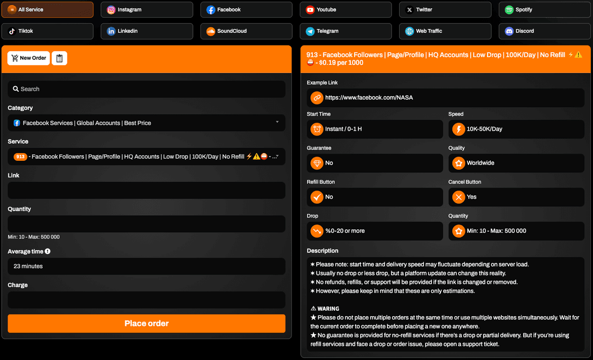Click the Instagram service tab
tap(147, 10)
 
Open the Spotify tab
tap(544, 10)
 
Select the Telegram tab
tap(346, 31)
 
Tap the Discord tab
tap(544, 31)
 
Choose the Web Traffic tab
tap(445, 31)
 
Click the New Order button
tap(29, 58)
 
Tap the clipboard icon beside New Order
tap(59, 58)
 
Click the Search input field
tap(147, 89)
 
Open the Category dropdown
tap(147, 123)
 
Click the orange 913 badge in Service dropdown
tap(20, 157)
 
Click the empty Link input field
tap(147, 190)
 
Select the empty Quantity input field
tap(147, 224)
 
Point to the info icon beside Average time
tap(48, 251)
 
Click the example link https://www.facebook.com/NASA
tap(369, 98)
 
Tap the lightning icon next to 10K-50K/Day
tap(458, 129)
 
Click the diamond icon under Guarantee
tap(317, 163)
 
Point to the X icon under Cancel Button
tap(458, 197)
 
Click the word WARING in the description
tap(328, 308)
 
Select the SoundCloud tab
tap(246, 31)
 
